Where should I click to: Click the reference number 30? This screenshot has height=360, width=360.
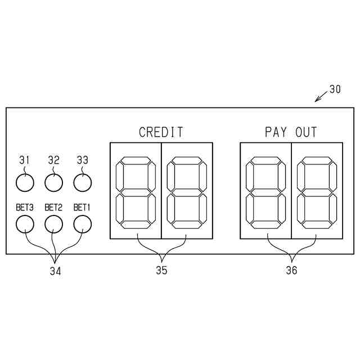[335, 89]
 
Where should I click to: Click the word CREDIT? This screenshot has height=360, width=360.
[161, 132]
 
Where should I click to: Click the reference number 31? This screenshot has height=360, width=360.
[25, 160]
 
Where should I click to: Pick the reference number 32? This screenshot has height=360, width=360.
[53, 160]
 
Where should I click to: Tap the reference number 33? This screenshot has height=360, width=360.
[82, 160]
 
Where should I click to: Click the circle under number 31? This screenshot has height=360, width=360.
[25, 182]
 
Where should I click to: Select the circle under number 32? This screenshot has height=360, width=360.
[53, 182]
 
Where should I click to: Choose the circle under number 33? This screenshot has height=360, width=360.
[82, 182]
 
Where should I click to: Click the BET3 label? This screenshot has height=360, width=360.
[25, 208]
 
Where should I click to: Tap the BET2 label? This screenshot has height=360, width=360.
[53, 208]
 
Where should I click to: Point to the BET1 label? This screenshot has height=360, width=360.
[82, 208]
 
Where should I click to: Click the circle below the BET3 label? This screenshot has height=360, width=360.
[25, 224]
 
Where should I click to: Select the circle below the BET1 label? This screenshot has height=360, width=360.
[82, 224]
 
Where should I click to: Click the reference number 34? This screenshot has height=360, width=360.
[55, 271]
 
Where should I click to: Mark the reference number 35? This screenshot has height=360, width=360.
[161, 270]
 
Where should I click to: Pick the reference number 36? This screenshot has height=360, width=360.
[291, 270]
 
